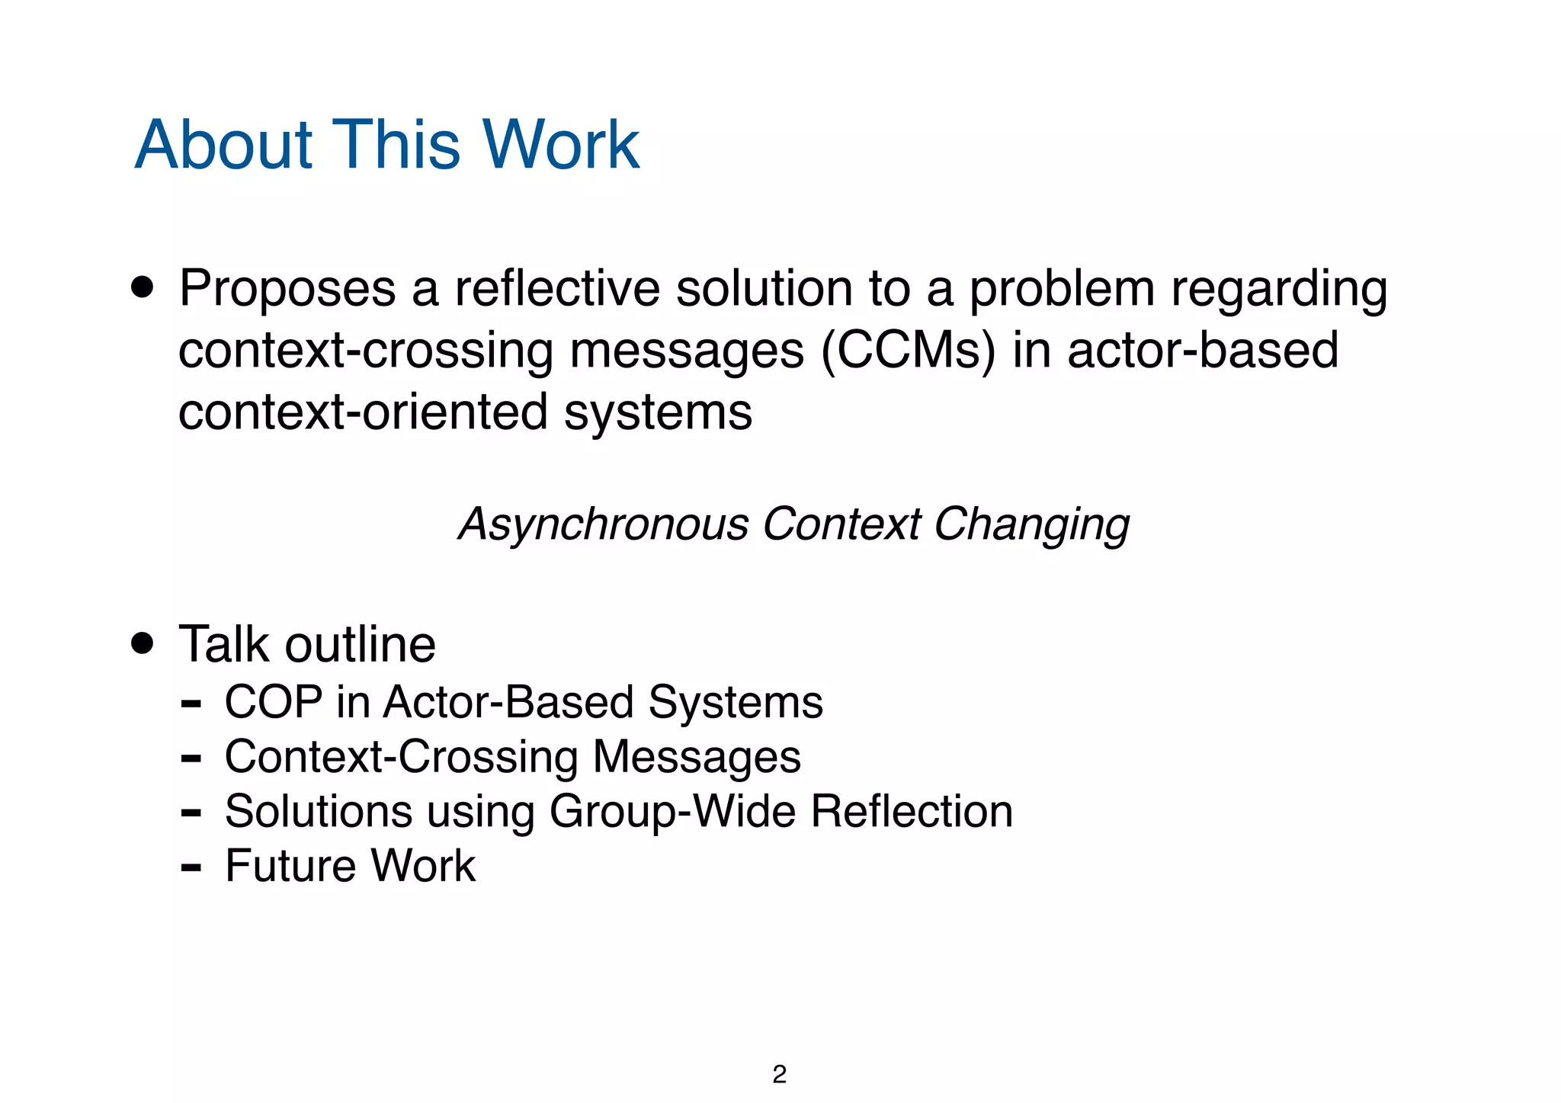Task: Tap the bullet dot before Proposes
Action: pyautogui.click(x=142, y=288)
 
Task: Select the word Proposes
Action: pyautogui.click(x=287, y=290)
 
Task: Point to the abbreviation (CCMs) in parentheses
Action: pyautogui.click(x=908, y=351)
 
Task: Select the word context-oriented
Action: pyautogui.click(x=363, y=412)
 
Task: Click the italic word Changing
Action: pyautogui.click(x=1031, y=525)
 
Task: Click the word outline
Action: pyautogui.click(x=360, y=645)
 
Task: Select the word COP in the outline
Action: pyautogui.click(x=274, y=702)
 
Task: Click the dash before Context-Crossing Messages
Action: pyautogui.click(x=191, y=758)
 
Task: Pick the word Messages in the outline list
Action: pyautogui.click(x=697, y=757)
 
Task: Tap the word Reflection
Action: pyautogui.click(x=912, y=811)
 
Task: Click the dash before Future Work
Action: pyautogui.click(x=191, y=867)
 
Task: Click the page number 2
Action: pyautogui.click(x=779, y=1074)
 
